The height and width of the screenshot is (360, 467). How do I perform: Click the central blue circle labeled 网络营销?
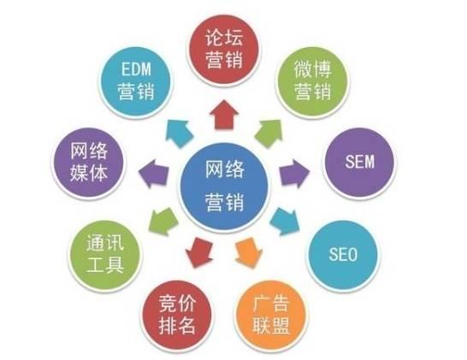(x=224, y=187)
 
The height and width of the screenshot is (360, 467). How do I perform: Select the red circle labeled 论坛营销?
(x=223, y=50)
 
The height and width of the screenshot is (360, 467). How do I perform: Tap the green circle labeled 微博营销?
(x=312, y=81)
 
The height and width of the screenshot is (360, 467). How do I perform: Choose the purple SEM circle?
(x=359, y=162)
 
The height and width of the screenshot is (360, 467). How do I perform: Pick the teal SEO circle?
(x=343, y=255)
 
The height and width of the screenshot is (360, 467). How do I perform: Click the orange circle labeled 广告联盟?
(x=271, y=316)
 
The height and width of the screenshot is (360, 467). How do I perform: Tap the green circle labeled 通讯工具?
(x=105, y=256)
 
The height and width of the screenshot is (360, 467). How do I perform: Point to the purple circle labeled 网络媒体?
(x=88, y=163)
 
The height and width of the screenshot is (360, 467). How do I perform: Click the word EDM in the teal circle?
(x=136, y=69)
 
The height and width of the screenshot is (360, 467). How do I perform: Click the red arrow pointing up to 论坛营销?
(x=224, y=115)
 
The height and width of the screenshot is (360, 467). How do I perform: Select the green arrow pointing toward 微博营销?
(x=269, y=133)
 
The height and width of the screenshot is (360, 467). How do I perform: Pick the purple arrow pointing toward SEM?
(x=293, y=174)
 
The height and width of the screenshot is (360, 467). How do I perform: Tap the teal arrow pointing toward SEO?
(x=286, y=221)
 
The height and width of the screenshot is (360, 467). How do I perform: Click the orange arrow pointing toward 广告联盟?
(x=248, y=252)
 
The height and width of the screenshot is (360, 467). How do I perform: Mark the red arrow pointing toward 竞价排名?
(x=199, y=252)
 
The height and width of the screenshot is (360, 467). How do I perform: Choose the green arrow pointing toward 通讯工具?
(x=163, y=221)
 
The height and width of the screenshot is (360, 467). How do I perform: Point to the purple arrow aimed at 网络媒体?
(x=154, y=174)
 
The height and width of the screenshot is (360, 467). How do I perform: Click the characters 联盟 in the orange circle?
(x=271, y=326)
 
